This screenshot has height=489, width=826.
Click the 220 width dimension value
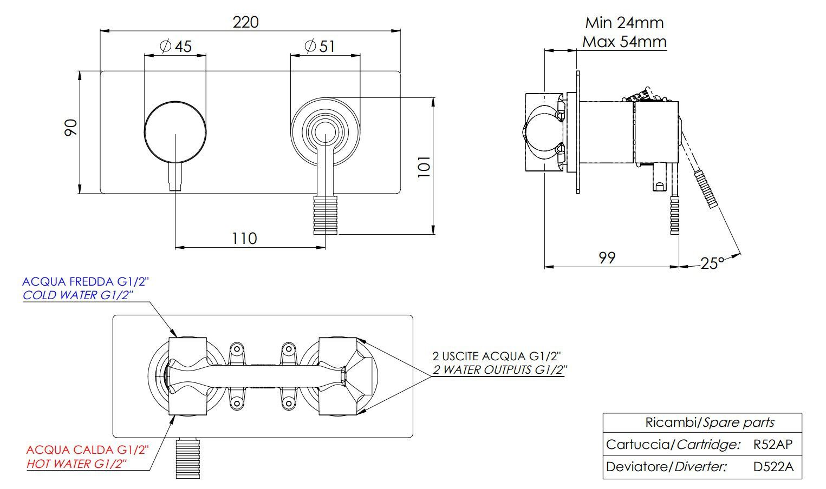[245, 22]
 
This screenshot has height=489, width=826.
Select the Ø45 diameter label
[176, 46]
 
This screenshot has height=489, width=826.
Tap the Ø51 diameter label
[320, 46]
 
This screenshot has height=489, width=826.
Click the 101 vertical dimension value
[424, 166]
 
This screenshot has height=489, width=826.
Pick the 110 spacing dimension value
[244, 238]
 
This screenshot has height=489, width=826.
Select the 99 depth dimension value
[607, 257]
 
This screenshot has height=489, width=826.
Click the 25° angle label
[712, 263]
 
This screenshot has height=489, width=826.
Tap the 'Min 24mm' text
[624, 23]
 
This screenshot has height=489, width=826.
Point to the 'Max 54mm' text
[624, 41]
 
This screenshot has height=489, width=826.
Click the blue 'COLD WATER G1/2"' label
[77, 295]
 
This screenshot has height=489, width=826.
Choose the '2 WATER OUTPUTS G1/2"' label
[498, 371]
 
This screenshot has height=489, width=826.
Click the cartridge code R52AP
[773, 445]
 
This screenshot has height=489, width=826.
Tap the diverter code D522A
[773, 467]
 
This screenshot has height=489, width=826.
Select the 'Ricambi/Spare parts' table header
[702, 422]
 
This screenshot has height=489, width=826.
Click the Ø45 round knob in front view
[175, 133]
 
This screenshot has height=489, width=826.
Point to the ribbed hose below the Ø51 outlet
[326, 215]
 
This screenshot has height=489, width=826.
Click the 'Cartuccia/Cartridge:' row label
[673, 445]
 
